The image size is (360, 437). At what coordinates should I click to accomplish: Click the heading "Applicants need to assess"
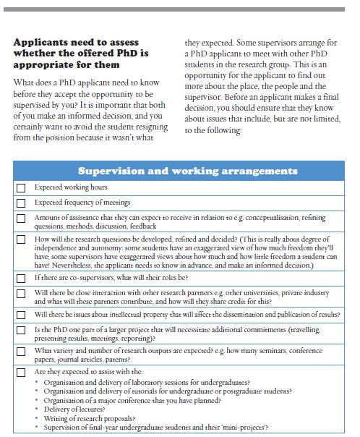pos(76,42)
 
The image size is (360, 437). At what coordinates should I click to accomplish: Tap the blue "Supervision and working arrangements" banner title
pos(187,171)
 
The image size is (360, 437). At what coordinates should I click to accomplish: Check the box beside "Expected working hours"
pos(21,187)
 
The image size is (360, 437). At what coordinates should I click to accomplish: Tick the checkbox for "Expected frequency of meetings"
pos(21,203)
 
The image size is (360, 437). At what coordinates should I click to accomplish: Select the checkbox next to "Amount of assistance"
pos(21,218)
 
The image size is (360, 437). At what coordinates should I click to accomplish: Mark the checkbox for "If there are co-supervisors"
pos(21,278)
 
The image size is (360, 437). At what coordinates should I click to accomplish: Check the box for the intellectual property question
pos(21,315)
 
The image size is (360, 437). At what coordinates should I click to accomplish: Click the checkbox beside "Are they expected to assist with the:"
pos(21,372)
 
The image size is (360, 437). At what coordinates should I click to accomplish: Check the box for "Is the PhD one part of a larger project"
pos(21,333)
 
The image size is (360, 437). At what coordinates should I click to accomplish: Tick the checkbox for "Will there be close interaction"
pos(21,295)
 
